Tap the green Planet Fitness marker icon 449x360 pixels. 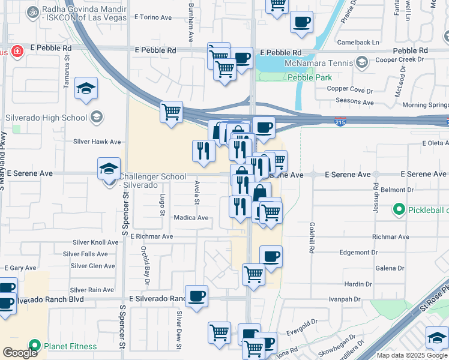(35, 346)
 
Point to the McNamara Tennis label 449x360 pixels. (322, 62)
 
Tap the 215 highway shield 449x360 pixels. (340, 122)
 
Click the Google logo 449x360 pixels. (20, 353)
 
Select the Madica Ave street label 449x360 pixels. (191, 218)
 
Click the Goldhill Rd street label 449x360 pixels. (312, 237)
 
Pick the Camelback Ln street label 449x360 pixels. (358, 43)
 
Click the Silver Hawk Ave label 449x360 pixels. (97, 142)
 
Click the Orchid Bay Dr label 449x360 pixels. (144, 264)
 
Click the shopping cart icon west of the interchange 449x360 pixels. (172, 112)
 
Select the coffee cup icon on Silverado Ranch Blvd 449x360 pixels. (196, 296)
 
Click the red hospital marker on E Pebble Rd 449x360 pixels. (17, 52)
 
